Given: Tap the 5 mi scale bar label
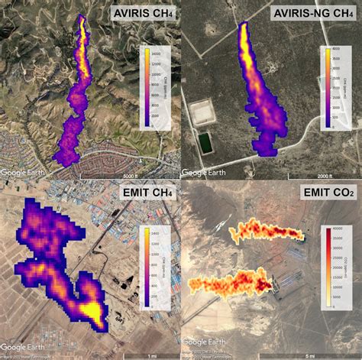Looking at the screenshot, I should (x=336, y=355).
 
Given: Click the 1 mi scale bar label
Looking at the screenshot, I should (x=154, y=355).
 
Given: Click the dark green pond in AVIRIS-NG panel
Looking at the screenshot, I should (x=205, y=142).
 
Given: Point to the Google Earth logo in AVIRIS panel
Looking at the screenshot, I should (x=24, y=173).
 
